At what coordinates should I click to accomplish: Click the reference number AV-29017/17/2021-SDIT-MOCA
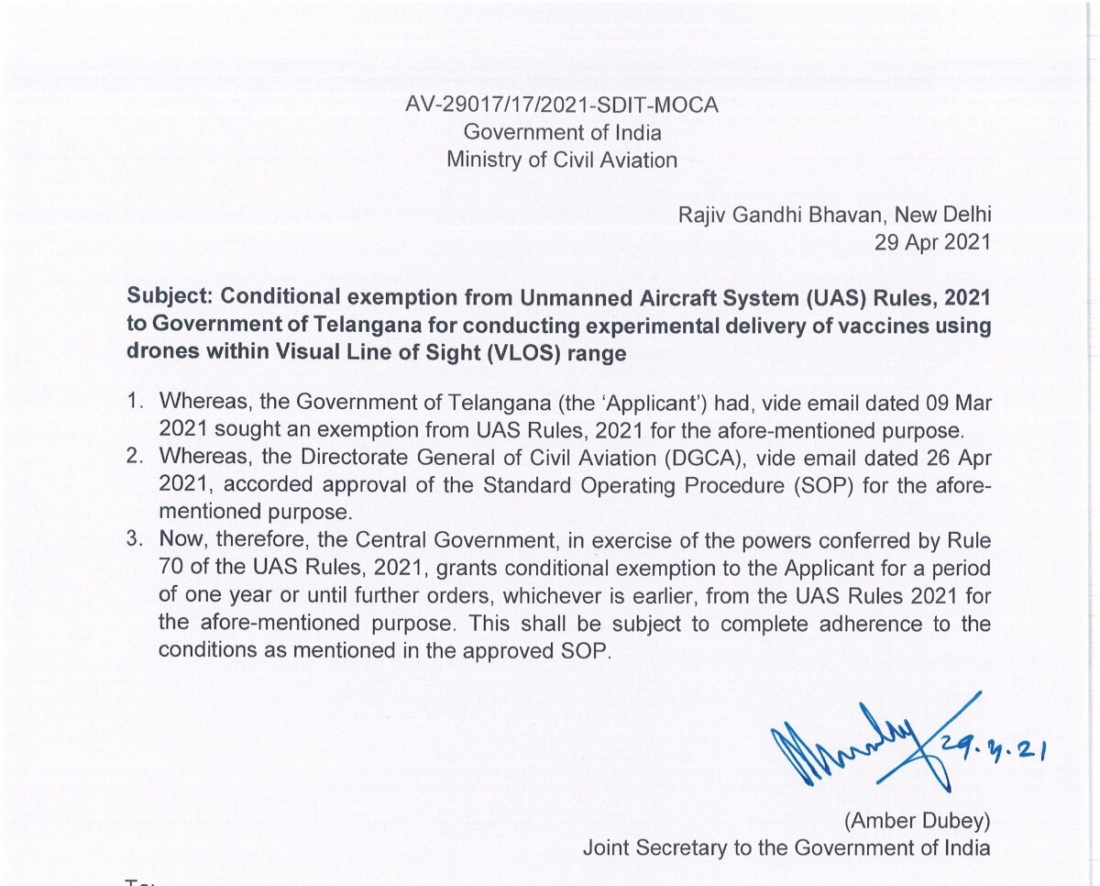[x=562, y=105]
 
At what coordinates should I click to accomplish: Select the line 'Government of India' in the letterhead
[x=562, y=133]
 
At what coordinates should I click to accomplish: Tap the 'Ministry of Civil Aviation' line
[x=562, y=160]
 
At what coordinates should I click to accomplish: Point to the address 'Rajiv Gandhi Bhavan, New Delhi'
[x=834, y=216]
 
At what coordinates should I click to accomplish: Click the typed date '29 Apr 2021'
[x=934, y=242]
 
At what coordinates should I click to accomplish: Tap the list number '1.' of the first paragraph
[x=137, y=401]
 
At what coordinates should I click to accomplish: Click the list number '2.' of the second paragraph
[x=137, y=455]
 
